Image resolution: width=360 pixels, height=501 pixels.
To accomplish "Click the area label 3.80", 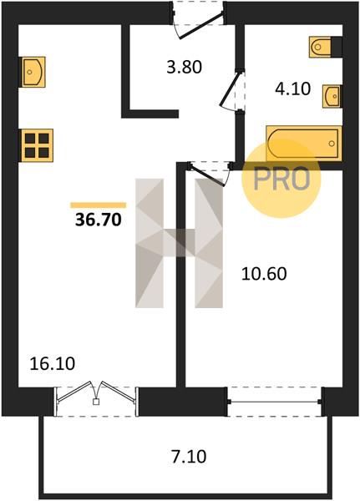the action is [x=185, y=68].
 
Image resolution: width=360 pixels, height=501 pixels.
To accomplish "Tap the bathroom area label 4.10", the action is [x=293, y=89].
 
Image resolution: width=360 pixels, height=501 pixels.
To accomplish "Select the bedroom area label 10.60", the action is [x=264, y=274].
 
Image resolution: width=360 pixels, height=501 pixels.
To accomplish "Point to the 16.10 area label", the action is [x=53, y=364].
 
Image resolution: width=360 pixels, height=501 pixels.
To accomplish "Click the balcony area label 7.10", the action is [x=189, y=457].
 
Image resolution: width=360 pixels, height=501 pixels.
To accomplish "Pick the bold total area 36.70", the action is [x=99, y=220].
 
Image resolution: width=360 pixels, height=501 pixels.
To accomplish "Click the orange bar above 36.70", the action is [x=99, y=205].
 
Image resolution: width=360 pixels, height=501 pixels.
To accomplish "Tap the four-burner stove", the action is [x=37, y=145].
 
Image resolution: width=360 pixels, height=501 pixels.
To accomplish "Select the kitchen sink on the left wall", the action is [x=33, y=72].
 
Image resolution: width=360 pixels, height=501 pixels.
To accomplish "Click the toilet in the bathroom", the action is [x=320, y=47].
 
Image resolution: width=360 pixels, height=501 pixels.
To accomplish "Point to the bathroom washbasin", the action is [x=332, y=96].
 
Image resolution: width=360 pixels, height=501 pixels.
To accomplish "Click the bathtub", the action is [x=303, y=144].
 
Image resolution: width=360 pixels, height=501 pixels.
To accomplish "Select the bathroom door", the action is [x=232, y=90].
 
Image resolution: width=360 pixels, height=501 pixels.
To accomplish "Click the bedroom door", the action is [x=208, y=174].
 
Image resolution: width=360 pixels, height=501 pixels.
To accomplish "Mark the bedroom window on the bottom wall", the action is [x=275, y=402].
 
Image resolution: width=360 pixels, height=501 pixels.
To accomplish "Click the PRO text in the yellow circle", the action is [x=281, y=179].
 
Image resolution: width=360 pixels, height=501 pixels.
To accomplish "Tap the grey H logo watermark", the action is [x=179, y=243].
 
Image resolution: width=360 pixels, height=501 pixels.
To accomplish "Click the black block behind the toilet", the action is [x=337, y=47].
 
